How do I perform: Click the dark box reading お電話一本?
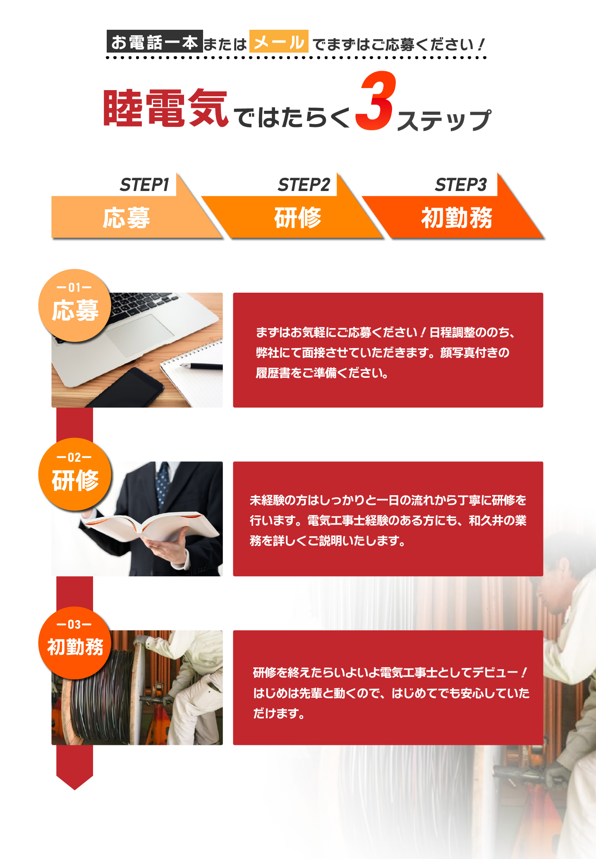point(155,41)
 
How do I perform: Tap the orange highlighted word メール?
point(279,41)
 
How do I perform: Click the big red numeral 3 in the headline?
point(375,101)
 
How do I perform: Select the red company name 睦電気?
point(165,108)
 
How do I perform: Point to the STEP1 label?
point(144,185)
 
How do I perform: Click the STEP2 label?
point(304,185)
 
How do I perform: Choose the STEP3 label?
point(461,185)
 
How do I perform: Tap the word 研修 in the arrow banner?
point(298,217)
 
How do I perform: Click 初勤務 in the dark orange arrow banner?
point(457,217)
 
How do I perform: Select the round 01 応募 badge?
point(75,305)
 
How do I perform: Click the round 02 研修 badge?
point(75,474)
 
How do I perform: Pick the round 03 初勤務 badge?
point(75,643)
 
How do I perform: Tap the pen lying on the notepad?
point(201,366)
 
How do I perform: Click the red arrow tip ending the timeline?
point(75,783)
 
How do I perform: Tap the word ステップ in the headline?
point(444,120)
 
